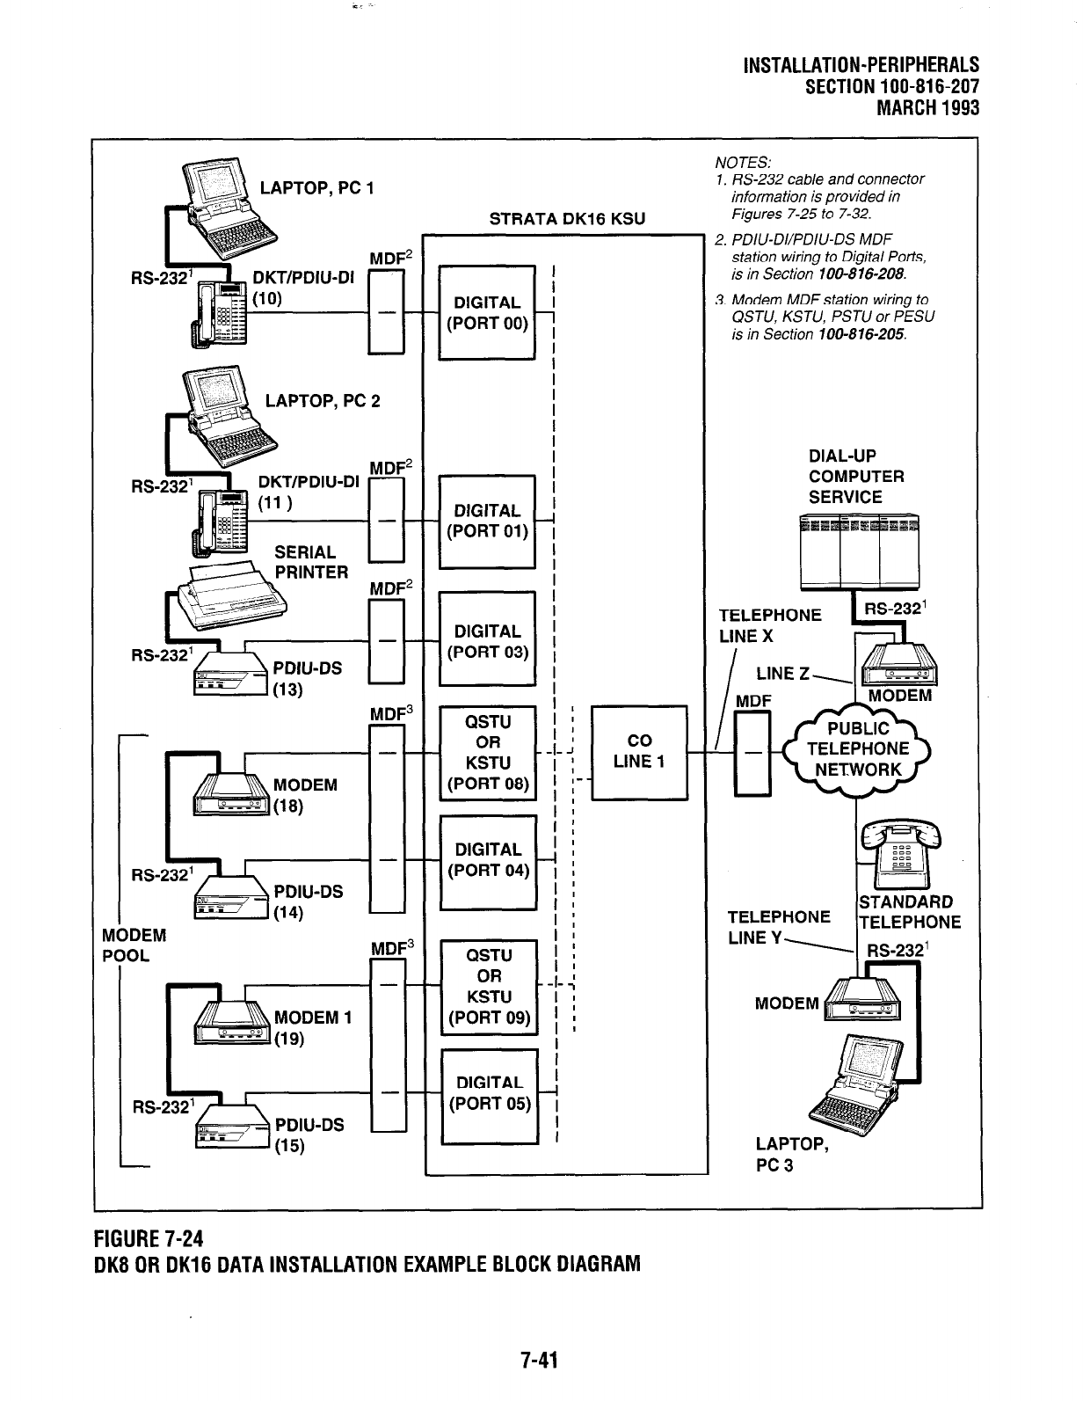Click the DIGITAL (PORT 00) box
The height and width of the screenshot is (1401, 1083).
click(486, 312)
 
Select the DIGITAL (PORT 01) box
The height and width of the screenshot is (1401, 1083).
click(486, 521)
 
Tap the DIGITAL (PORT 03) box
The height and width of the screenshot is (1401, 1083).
click(486, 640)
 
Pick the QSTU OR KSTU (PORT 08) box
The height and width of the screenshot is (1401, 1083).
click(488, 752)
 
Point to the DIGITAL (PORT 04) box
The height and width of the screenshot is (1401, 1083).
click(488, 860)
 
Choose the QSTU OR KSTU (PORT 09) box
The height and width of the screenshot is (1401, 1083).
click(489, 986)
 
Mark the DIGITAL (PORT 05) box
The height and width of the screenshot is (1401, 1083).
click(489, 1094)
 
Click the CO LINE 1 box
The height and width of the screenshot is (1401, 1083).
click(639, 751)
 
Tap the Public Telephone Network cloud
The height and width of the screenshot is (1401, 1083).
click(859, 749)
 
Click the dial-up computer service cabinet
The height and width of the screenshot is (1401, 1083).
click(860, 552)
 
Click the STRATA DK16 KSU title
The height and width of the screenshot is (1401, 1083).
click(567, 219)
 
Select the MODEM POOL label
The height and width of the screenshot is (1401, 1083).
click(134, 945)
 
